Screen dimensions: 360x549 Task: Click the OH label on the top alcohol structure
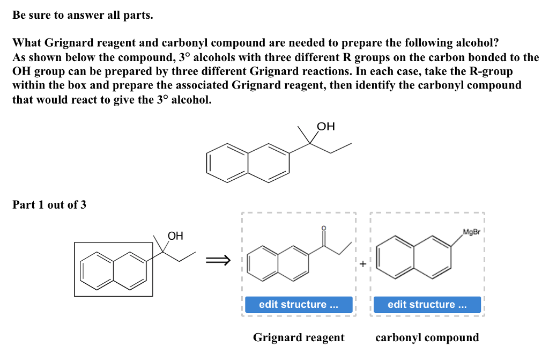coord(326,127)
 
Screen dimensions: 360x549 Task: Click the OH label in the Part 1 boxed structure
coord(175,236)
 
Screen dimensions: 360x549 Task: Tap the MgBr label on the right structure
coord(471,232)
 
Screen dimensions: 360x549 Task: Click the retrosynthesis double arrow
coord(219,261)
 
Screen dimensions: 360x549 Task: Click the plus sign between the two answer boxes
coord(363,264)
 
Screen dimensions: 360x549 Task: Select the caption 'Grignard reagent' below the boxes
coord(299,337)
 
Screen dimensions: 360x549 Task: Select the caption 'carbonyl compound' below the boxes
coord(427,337)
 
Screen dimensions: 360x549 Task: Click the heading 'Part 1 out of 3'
coord(49,204)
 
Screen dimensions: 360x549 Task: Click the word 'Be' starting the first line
coord(19,16)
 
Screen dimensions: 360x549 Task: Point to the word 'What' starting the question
coord(27,43)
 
